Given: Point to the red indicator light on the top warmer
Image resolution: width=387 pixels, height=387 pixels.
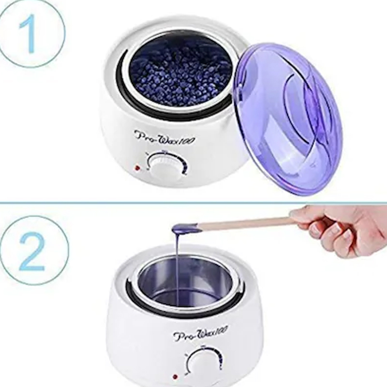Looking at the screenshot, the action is coord(137,168).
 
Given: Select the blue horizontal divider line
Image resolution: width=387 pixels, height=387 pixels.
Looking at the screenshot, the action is coord(193,203).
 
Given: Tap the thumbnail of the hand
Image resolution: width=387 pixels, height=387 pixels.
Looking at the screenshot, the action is coord(317,231).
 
